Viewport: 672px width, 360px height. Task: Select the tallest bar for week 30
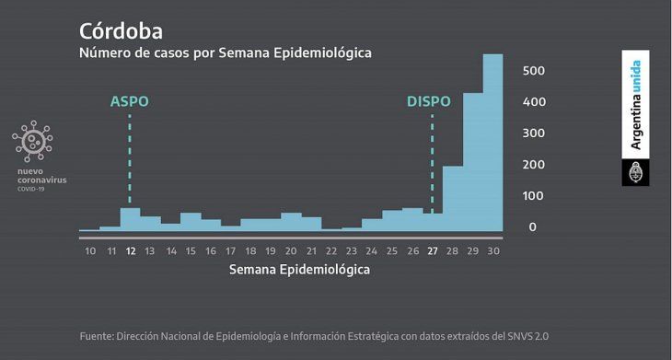tap(493, 143)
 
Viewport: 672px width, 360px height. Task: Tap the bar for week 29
tap(473, 161)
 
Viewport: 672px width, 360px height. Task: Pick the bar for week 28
tap(452, 198)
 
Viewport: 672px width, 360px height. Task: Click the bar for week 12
tap(130, 219)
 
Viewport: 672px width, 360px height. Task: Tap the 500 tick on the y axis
tap(535, 71)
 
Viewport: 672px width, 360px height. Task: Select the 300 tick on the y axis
tap(535, 134)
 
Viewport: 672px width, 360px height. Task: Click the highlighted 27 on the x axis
tap(431, 250)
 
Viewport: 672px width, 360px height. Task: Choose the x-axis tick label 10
tap(89, 250)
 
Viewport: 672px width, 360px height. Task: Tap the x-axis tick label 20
tap(291, 250)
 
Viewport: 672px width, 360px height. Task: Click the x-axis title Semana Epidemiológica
tap(298, 271)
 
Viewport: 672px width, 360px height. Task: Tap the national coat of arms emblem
tap(635, 172)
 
